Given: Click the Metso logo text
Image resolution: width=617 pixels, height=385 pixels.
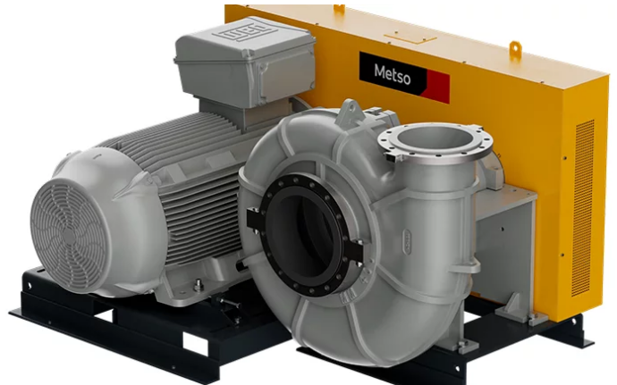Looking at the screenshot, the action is coord(392,75).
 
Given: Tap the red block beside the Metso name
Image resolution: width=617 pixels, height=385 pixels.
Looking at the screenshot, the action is coord(438,87).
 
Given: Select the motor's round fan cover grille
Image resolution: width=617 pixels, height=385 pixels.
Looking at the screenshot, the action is coord(69,236).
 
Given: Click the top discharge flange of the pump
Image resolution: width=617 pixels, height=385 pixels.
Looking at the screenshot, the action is coord(435,140).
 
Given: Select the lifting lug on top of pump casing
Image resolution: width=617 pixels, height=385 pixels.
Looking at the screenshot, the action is coord(351,111).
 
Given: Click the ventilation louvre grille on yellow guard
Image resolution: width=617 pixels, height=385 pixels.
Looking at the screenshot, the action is coord(583,207).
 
